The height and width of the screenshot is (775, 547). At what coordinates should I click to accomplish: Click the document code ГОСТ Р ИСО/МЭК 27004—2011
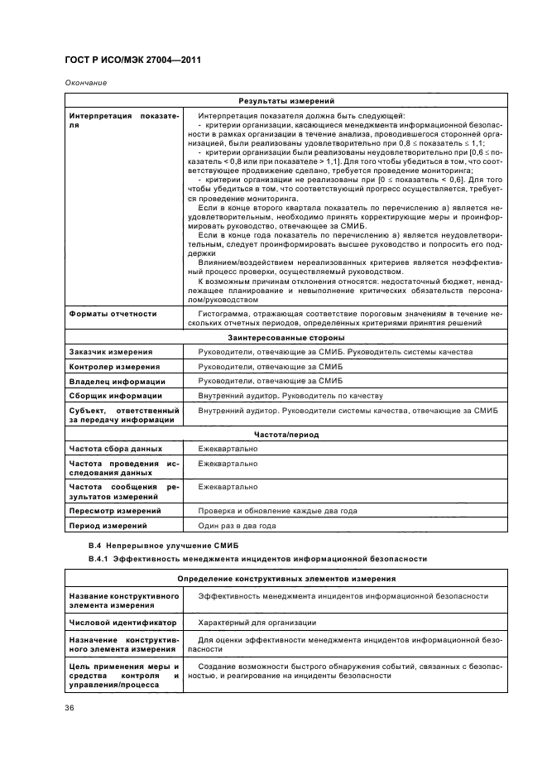pos(132,61)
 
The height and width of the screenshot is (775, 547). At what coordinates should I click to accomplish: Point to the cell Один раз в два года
pos(237,526)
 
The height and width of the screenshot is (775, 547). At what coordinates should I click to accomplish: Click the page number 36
pos(70,708)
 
